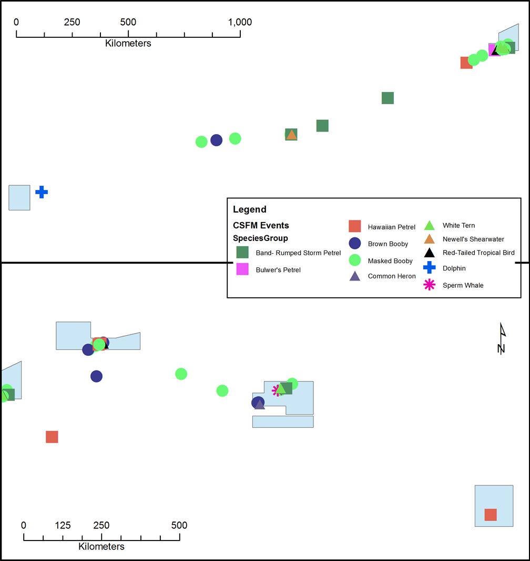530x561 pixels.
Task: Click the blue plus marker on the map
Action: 42,192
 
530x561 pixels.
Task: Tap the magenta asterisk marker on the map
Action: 276,390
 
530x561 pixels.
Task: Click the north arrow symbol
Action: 502,338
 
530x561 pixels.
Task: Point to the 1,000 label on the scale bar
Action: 240,22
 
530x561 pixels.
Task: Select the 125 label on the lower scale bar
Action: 63,525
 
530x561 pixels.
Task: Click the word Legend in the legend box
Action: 250,209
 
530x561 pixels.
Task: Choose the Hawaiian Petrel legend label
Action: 391,227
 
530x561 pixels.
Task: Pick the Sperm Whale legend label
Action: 463,285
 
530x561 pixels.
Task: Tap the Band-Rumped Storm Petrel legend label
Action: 298,253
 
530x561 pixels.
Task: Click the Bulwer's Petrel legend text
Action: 278,270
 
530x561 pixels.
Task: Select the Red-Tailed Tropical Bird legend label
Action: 478,253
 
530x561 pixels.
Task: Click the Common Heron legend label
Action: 392,276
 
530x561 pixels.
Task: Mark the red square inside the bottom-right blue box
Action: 491,515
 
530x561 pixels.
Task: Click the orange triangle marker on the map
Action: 291,135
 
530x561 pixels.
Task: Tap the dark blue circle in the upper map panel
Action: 216,140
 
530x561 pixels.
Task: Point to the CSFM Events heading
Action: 261,225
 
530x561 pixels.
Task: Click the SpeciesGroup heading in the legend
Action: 260,238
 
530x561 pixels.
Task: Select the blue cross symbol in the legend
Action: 430,268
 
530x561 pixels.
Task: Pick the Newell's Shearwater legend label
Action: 473,239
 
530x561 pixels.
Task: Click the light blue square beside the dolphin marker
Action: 19,197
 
